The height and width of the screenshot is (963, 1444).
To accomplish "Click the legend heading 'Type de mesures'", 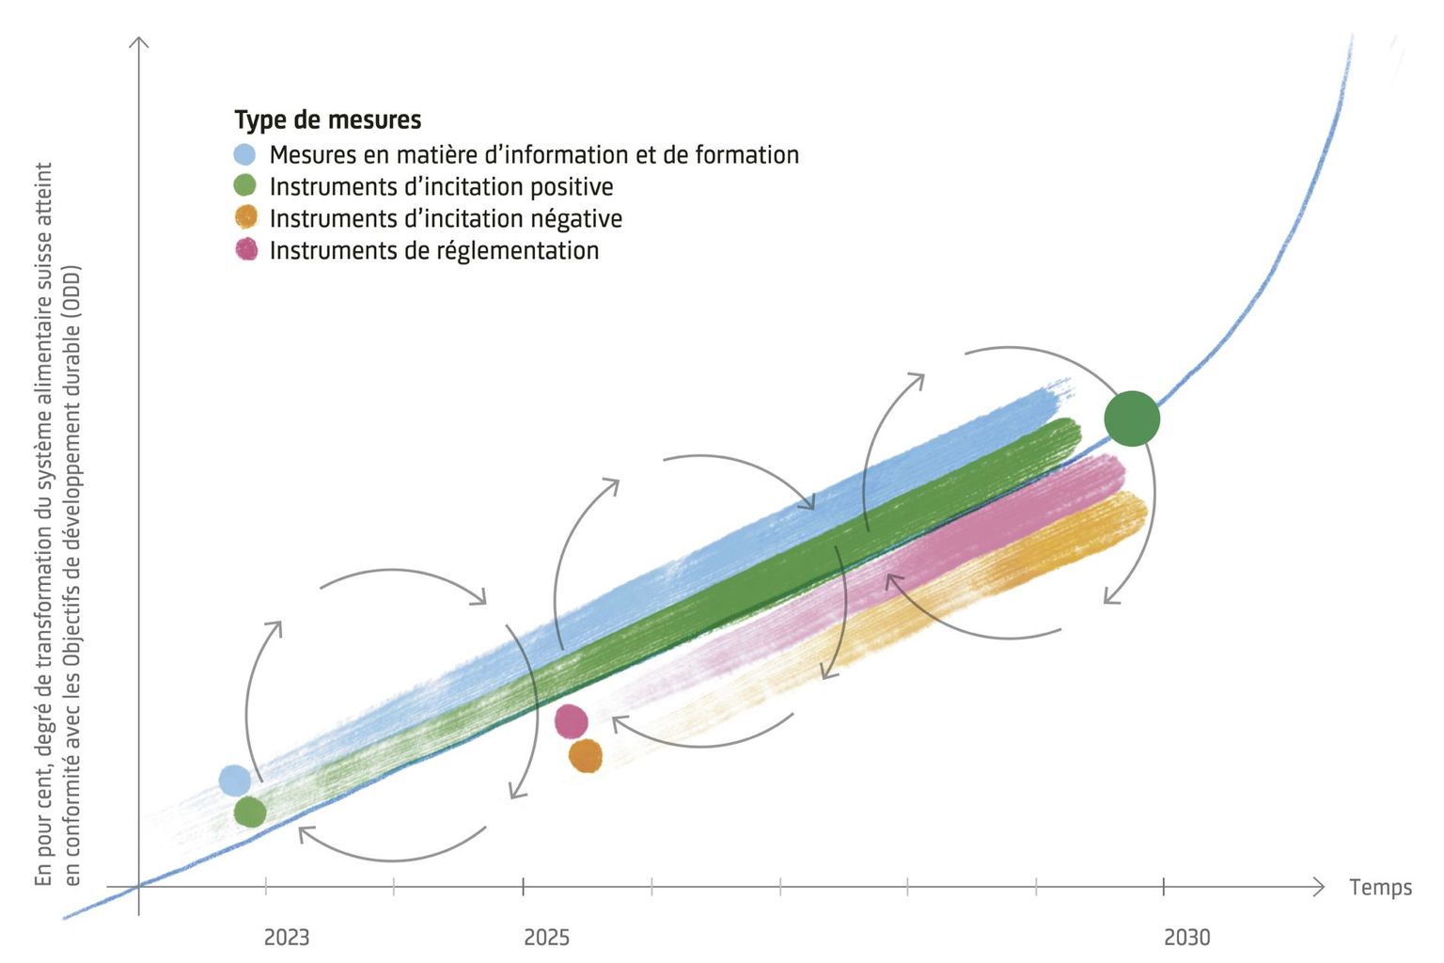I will point(327,120).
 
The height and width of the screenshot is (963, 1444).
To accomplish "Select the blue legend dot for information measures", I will point(244,155).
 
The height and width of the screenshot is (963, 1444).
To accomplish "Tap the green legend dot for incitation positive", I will point(244,186).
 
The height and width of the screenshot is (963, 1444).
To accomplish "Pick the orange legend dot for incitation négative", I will point(245,217).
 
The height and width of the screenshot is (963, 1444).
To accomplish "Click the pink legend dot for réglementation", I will point(245,249).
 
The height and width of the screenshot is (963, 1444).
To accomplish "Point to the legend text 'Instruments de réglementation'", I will point(433,250).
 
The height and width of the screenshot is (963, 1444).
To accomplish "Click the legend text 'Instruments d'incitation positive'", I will point(441,187).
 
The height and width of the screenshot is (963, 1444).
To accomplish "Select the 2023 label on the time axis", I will point(286,937).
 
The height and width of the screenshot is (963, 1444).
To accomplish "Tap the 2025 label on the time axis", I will point(546,937).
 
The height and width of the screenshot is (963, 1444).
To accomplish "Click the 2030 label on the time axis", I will point(1186,937).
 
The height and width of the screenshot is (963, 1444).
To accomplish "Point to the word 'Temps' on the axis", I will point(1379,887).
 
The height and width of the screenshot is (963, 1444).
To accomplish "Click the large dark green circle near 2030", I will point(1132,418).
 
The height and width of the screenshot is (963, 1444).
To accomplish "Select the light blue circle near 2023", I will point(235,780).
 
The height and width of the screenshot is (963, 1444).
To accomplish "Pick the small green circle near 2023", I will point(250,812).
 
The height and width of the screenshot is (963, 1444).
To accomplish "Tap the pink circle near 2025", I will point(571,721).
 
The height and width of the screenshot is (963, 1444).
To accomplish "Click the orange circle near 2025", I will point(585,755).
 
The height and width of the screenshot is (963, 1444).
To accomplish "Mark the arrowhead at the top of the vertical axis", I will point(139,41).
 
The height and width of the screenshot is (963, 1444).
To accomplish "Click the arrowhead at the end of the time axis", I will point(1319,886).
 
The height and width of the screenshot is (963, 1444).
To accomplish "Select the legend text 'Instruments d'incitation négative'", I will point(446,218).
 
